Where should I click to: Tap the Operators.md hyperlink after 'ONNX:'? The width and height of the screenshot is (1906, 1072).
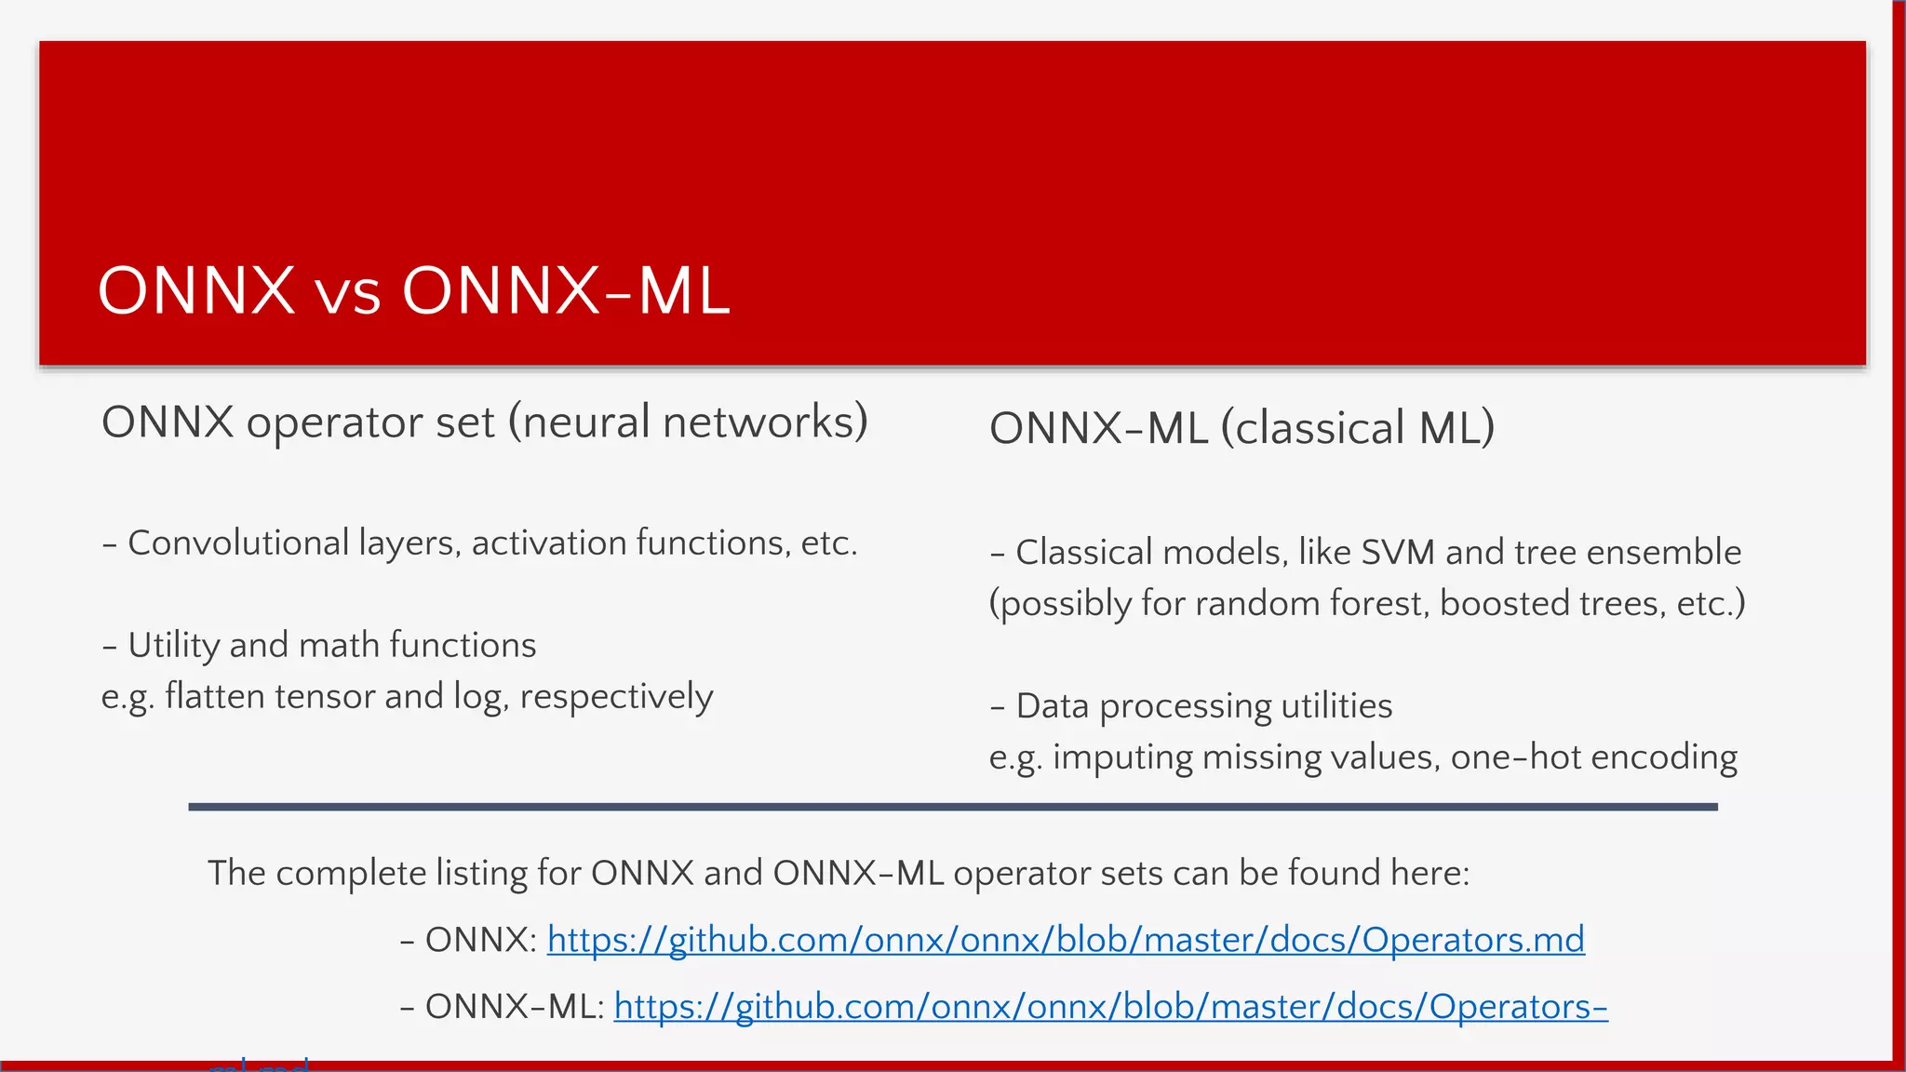click(x=1066, y=940)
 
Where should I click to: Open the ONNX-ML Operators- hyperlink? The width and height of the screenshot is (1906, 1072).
click(x=1110, y=1007)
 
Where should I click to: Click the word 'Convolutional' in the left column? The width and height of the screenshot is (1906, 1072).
click(x=238, y=543)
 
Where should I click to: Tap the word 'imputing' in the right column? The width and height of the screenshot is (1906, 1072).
click(x=1122, y=758)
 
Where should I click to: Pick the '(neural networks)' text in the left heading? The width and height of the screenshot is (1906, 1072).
click(x=688, y=422)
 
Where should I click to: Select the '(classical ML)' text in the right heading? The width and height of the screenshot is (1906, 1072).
click(x=1358, y=429)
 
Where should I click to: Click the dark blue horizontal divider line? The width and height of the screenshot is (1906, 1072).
click(x=953, y=807)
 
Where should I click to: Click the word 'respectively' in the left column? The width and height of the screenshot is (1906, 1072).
click(x=616, y=697)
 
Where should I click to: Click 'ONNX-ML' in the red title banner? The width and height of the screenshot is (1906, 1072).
click(x=566, y=292)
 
